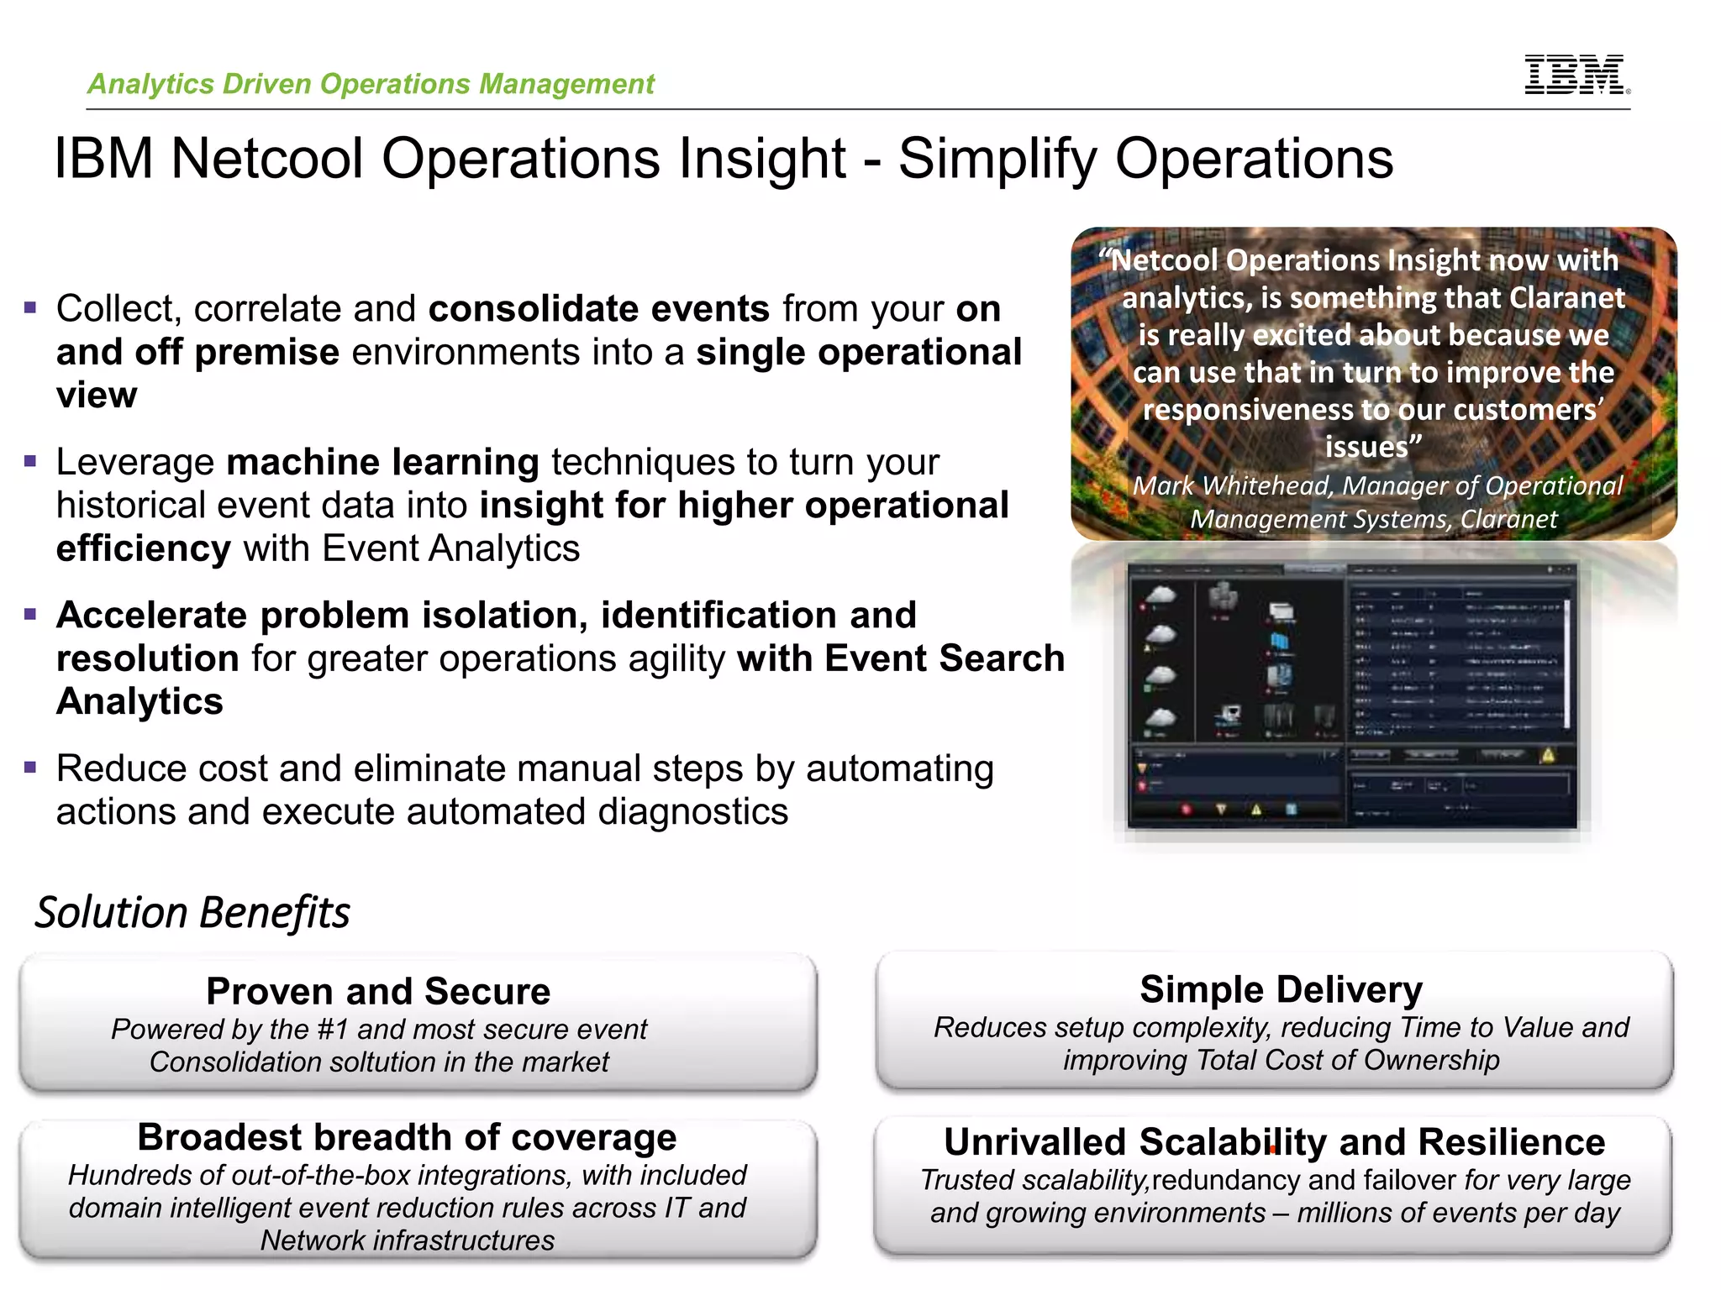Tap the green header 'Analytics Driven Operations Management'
point(371,84)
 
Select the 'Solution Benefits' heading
point(192,913)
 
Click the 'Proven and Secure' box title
point(378,991)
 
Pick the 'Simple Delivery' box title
point(1281,989)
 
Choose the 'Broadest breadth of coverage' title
point(407,1137)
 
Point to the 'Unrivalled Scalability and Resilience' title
point(1274,1142)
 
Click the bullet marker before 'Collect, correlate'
point(31,307)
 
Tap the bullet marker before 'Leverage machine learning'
point(31,461)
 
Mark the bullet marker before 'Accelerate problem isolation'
point(31,614)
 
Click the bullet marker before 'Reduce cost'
point(31,767)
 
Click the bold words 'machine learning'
point(382,462)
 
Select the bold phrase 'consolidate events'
point(598,309)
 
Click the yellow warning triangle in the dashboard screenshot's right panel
point(1548,755)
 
